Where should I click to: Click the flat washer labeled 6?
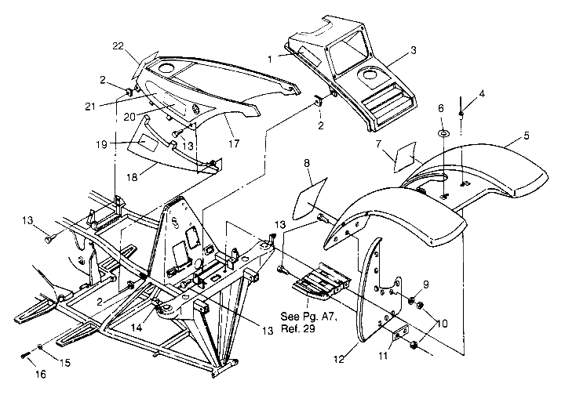coord(442,133)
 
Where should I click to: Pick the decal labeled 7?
coord(406,155)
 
